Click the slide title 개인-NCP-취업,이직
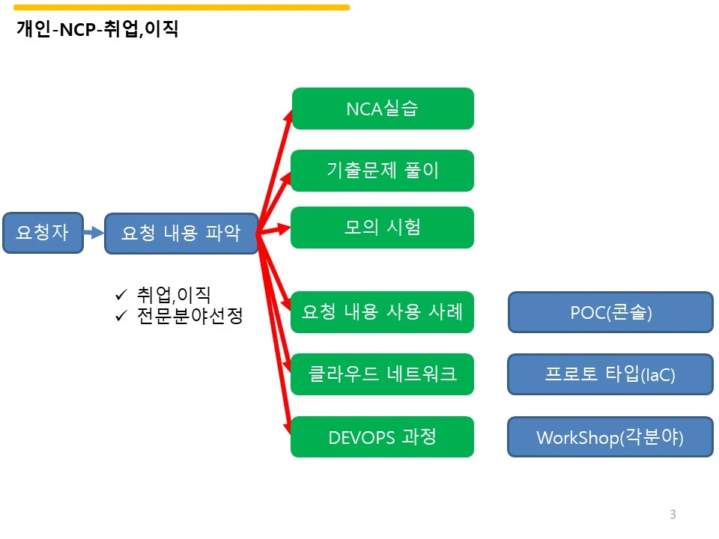(x=97, y=29)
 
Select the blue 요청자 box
(x=43, y=233)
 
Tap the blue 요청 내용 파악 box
(x=181, y=234)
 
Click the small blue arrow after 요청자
(x=94, y=232)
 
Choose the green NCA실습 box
(x=383, y=109)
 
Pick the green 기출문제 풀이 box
(x=383, y=171)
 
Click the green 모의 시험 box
(x=383, y=228)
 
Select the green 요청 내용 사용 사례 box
(x=383, y=312)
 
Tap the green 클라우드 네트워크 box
(x=383, y=374)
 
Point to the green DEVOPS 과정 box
(x=383, y=436)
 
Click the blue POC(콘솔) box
(x=611, y=312)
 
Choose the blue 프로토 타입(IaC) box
(x=610, y=374)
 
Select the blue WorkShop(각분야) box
(x=610, y=436)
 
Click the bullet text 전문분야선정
(x=189, y=316)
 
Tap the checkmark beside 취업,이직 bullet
(x=121, y=295)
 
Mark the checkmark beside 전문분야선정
(x=121, y=316)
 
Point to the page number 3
(x=673, y=514)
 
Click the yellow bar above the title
(x=181, y=7)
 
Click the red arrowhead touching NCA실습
(x=288, y=115)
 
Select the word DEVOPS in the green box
(x=362, y=438)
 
